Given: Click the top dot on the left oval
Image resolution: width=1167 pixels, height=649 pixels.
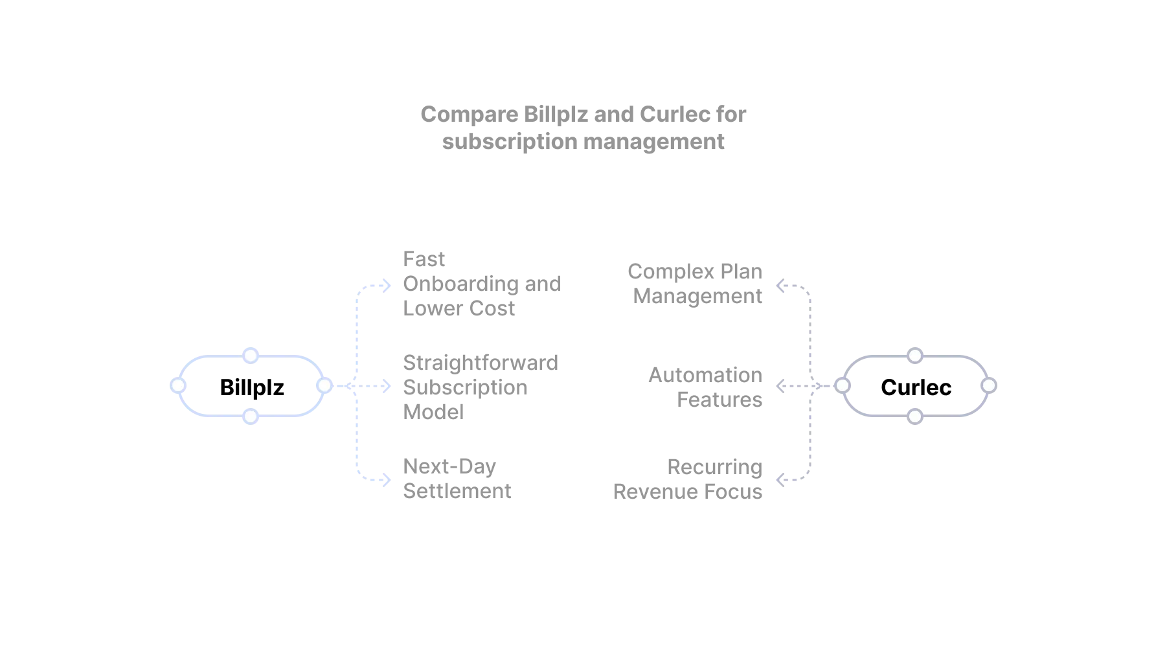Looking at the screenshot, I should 250,356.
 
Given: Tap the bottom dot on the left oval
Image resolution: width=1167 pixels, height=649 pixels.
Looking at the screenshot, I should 250,415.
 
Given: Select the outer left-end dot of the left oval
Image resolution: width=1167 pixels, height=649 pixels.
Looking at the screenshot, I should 176,385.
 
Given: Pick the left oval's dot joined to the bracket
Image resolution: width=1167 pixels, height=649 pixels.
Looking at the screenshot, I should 324,385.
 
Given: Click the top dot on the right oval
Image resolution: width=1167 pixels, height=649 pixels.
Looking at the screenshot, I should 915,356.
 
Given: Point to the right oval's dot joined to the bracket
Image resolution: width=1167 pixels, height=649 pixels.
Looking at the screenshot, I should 842,385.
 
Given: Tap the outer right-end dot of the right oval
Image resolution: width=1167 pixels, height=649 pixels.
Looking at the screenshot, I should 989,385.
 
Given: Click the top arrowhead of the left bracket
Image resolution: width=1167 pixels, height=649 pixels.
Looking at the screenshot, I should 385,284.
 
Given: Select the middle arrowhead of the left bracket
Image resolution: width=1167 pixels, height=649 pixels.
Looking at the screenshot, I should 385,386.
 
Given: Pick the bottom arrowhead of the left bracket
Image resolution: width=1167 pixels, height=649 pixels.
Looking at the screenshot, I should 385,480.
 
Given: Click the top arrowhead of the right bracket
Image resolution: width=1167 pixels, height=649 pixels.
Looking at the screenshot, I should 780,284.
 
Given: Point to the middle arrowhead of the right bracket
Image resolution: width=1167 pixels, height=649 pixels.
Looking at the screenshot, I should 780,386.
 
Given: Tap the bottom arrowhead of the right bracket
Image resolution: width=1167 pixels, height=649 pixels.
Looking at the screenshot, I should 780,480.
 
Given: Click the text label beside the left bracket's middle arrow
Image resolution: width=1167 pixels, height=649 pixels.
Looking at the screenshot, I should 481,387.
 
